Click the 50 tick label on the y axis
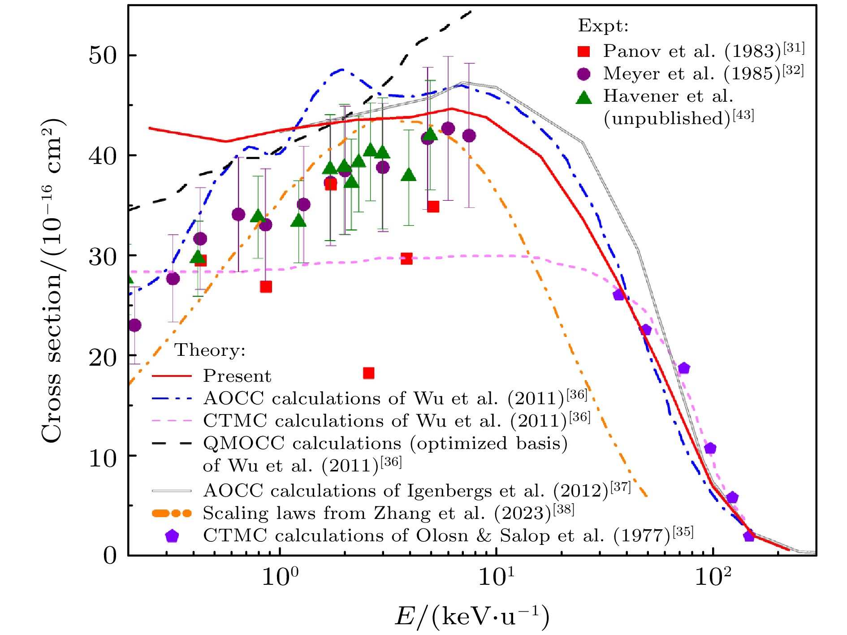[102, 56]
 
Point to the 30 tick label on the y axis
[102, 256]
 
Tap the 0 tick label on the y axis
[109, 556]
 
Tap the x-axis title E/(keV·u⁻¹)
[471, 616]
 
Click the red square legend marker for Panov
[583, 52]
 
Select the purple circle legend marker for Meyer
[583, 74]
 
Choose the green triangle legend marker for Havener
[583, 97]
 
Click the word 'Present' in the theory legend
[237, 376]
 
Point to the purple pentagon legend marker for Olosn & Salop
[172, 536]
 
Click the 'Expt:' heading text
[603, 26]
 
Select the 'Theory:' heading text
[210, 350]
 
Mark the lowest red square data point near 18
[368, 373]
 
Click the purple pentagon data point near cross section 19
[683, 368]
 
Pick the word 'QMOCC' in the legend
[243, 444]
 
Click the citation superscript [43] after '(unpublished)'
[743, 116]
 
